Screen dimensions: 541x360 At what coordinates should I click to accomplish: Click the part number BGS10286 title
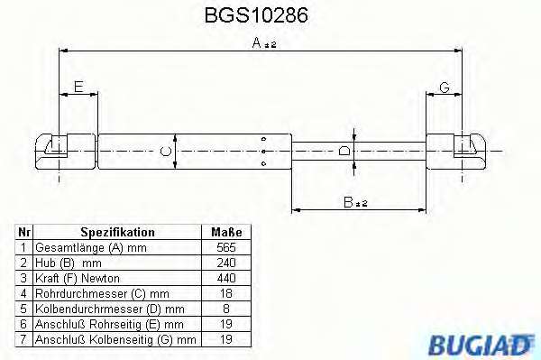(256, 15)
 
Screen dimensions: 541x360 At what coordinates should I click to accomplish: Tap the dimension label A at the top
(264, 43)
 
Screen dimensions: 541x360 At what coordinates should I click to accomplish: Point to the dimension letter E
(78, 87)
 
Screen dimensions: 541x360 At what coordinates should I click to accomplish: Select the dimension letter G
(445, 88)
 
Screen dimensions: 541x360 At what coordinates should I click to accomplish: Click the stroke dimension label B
(355, 202)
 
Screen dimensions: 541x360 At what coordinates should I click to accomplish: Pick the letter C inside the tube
(166, 152)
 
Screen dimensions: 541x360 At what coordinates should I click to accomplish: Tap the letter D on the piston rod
(344, 151)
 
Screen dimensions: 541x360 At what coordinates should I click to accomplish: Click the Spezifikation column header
(117, 232)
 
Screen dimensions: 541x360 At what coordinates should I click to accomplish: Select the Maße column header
(226, 232)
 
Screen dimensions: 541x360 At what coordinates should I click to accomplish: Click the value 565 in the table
(226, 247)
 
